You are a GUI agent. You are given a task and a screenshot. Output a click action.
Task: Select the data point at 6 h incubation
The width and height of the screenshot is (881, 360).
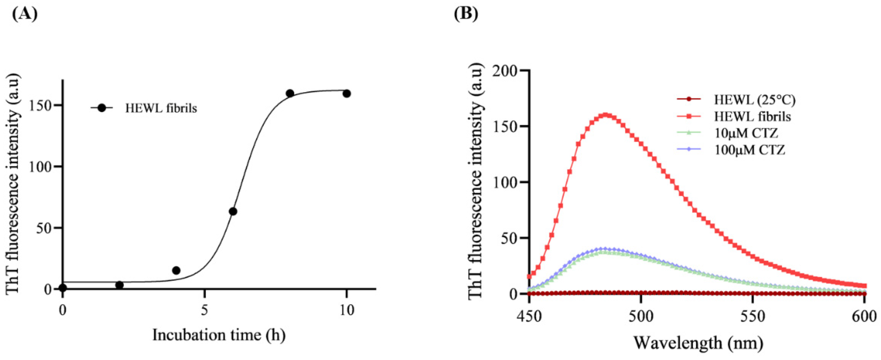tap(233, 211)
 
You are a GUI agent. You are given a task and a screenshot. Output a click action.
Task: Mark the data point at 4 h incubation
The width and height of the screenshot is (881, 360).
tap(176, 270)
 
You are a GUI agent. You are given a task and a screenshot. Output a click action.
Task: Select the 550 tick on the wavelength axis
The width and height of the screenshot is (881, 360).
tap(753, 316)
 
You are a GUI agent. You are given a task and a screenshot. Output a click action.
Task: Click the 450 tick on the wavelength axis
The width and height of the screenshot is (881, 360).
tap(529, 316)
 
